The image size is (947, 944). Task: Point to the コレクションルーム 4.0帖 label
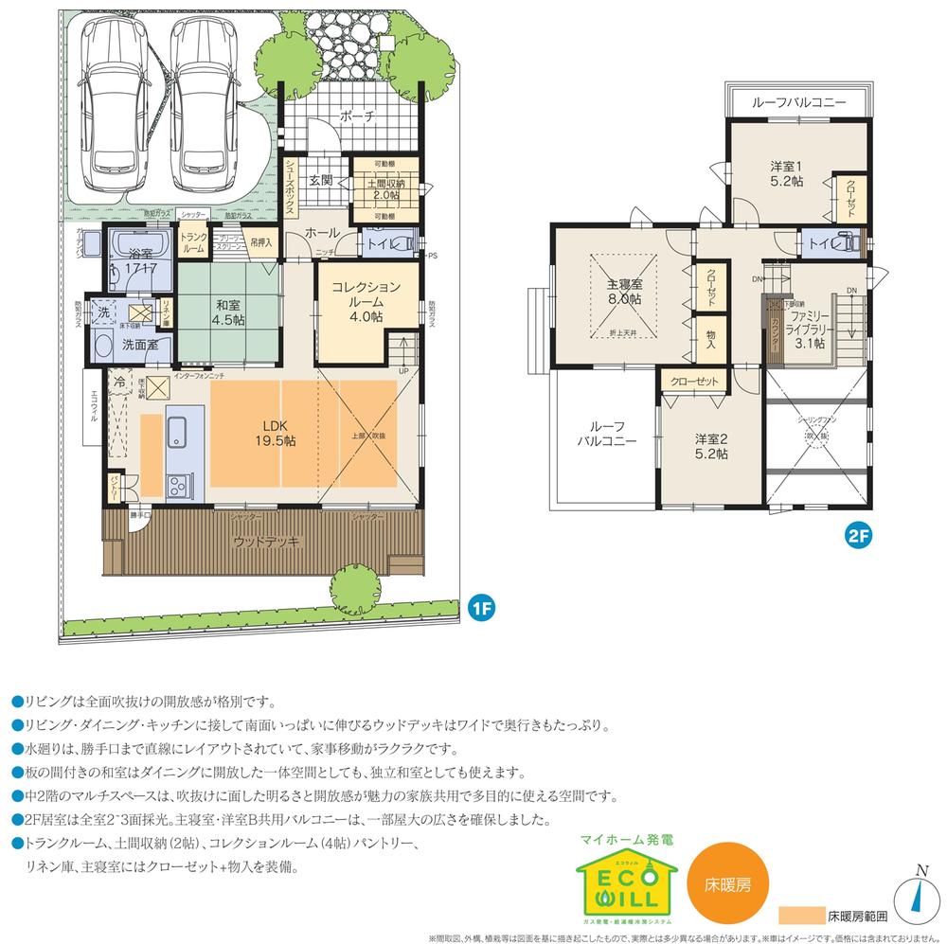coord(365,301)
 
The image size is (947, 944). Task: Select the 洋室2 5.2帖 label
coord(710,446)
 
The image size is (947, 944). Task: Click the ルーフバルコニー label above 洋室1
coord(798,102)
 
